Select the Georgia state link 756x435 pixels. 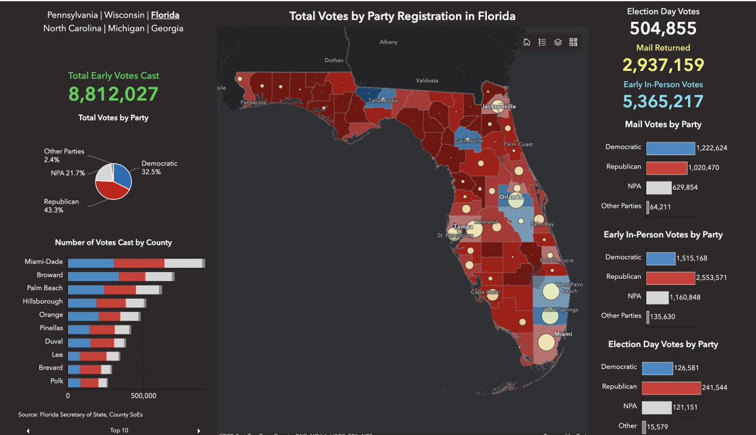click(167, 28)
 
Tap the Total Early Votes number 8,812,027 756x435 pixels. click(113, 94)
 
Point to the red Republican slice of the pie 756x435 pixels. click(111, 189)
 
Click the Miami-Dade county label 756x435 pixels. click(43, 262)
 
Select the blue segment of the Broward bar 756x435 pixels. click(93, 276)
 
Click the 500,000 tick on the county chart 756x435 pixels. click(144, 396)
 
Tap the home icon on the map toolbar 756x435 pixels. click(527, 42)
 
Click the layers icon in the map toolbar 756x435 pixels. click(558, 42)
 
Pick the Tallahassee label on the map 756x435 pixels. click(384, 101)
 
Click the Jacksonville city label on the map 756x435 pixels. click(498, 107)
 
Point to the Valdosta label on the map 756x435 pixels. click(427, 81)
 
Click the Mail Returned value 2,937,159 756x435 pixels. click(663, 65)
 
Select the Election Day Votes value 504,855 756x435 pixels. click(663, 28)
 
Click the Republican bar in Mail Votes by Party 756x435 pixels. click(666, 168)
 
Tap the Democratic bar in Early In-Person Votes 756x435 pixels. click(660, 258)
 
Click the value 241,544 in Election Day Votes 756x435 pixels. click(715, 388)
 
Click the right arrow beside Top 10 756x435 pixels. click(198, 431)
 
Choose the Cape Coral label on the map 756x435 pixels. click(484, 292)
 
